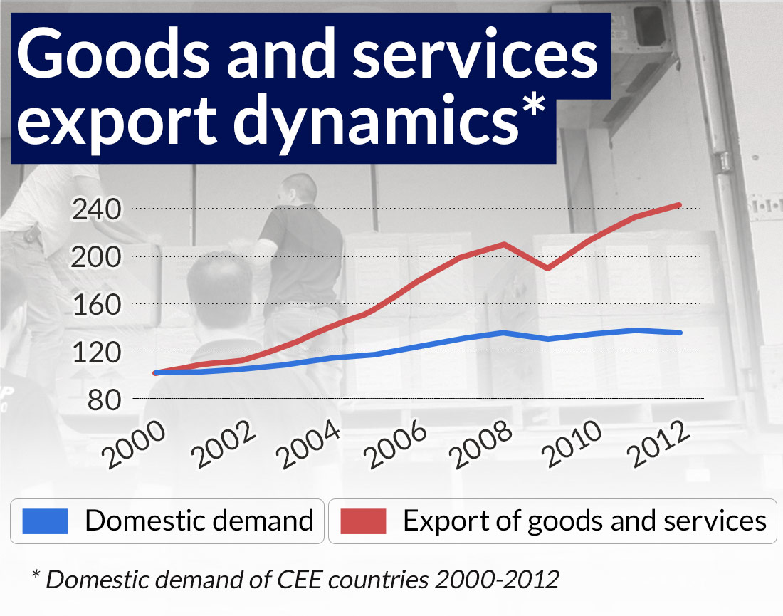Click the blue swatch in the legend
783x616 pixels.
pyautogui.click(x=45, y=521)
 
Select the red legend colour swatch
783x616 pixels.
pyautogui.click(x=363, y=521)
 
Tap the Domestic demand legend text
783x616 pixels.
pyautogui.click(x=199, y=521)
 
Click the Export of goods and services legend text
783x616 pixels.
pyautogui.click(x=584, y=521)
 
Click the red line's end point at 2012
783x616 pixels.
pyautogui.click(x=679, y=205)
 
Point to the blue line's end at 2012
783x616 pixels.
pyautogui.click(x=679, y=333)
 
